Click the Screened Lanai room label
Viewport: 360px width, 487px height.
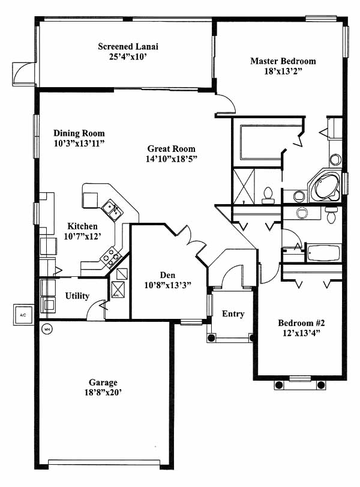point(128,47)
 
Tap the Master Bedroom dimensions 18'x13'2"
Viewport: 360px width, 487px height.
point(283,71)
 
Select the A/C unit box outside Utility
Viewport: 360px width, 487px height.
point(23,315)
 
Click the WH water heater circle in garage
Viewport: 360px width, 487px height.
point(47,329)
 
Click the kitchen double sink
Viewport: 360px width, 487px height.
point(113,210)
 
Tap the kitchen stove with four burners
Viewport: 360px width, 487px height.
point(111,257)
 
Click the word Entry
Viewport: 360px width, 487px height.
point(233,314)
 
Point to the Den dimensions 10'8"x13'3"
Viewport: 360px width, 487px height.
point(167,285)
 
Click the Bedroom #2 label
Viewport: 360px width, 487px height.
point(301,323)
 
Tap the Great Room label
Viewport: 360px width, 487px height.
point(172,149)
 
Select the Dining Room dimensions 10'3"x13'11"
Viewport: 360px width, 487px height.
point(79,144)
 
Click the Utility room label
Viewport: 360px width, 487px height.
point(77,296)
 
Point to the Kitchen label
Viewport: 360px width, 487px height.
point(83,226)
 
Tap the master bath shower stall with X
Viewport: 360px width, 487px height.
point(244,186)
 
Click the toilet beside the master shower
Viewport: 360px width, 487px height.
point(268,196)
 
